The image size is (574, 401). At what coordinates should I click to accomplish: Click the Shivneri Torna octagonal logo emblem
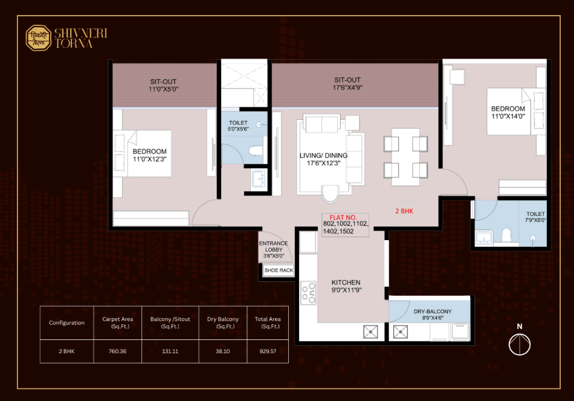(39, 37)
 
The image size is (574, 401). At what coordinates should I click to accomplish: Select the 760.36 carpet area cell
(117, 351)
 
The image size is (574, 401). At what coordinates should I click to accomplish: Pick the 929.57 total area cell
(268, 351)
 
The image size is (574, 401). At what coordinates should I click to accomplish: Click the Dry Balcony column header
(223, 322)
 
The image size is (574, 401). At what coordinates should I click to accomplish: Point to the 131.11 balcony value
(170, 351)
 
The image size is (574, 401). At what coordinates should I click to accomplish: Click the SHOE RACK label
(279, 270)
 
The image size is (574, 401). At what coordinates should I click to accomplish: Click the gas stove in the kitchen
(308, 293)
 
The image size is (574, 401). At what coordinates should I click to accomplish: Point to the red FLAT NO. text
(343, 217)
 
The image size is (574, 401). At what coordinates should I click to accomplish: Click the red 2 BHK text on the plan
(404, 211)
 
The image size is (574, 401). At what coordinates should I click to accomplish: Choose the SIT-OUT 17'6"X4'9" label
(347, 83)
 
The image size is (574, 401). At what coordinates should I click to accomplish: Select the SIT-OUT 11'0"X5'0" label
(163, 85)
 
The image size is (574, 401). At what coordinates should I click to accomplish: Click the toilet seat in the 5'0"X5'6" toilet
(256, 151)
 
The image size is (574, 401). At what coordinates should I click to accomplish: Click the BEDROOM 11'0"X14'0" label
(508, 112)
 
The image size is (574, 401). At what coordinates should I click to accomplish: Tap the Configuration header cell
(66, 322)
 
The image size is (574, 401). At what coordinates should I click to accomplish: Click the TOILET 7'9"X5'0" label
(535, 217)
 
